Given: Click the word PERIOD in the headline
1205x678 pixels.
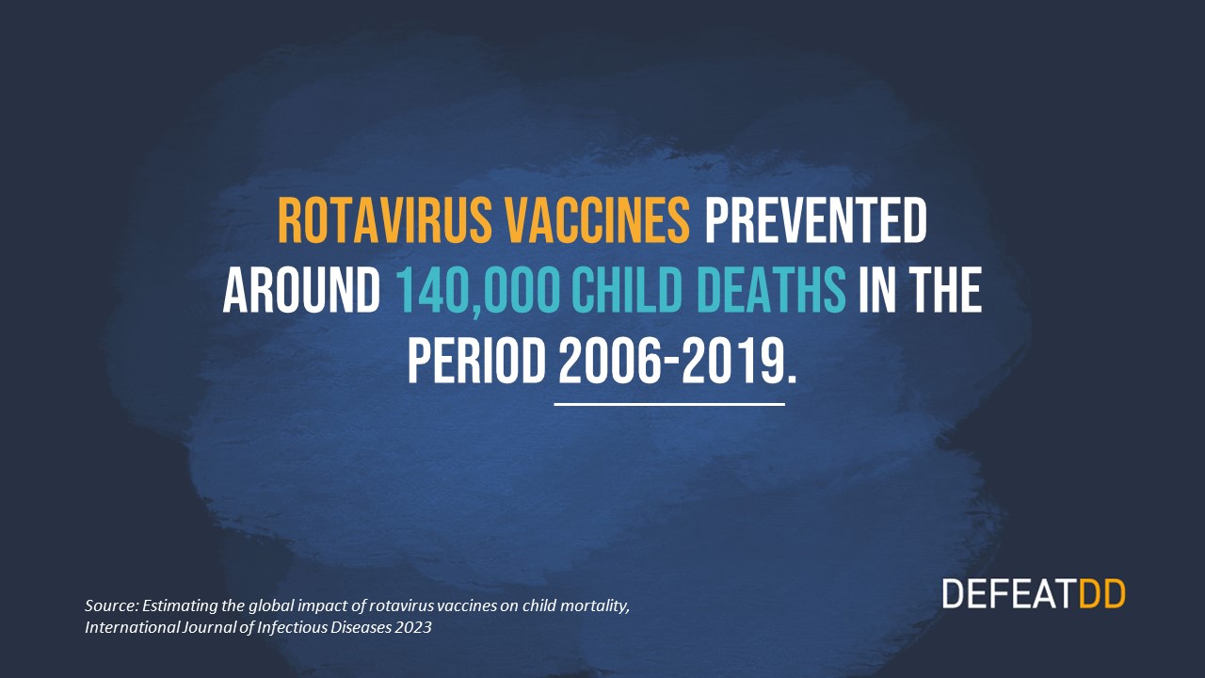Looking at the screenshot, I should (x=475, y=361).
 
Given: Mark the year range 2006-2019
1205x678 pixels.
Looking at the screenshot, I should (x=669, y=361).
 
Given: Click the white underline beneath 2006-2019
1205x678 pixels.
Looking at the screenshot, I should (x=669, y=404).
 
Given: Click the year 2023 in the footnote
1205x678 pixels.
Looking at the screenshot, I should (x=413, y=627).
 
